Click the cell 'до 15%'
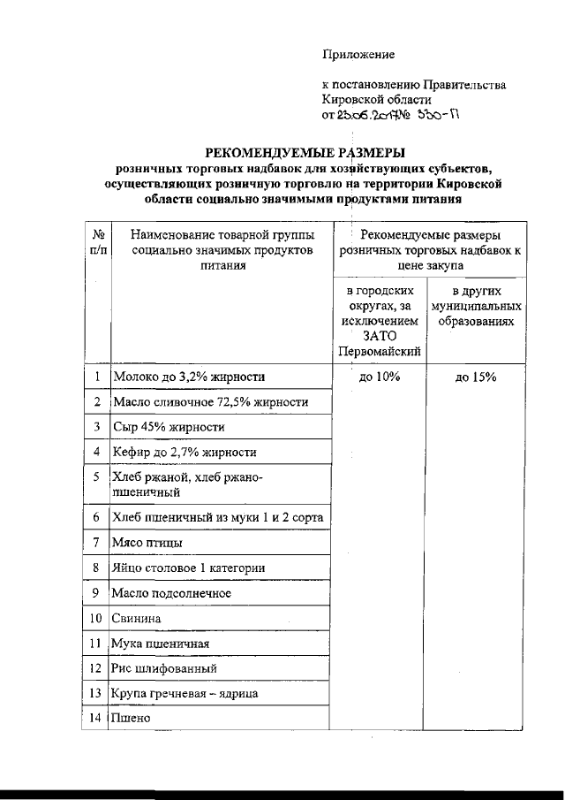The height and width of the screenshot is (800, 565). click(x=476, y=377)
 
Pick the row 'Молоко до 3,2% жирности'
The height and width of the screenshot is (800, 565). click(x=189, y=377)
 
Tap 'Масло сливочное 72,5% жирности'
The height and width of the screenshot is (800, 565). click(x=210, y=402)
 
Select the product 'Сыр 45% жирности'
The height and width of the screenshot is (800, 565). click(x=169, y=427)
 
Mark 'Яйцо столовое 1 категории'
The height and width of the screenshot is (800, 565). click(x=189, y=568)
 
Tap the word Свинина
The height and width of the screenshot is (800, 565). click(x=139, y=617)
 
